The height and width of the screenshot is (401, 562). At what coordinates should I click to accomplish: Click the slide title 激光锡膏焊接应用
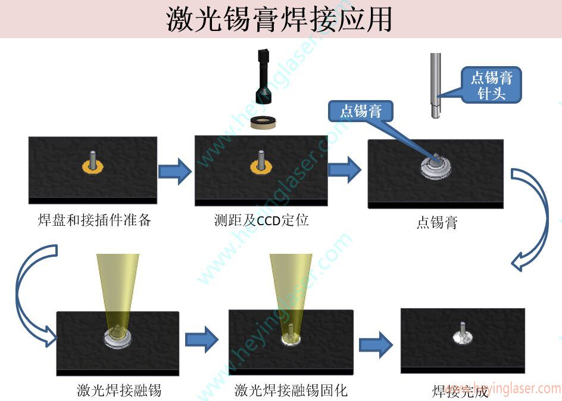[280, 19]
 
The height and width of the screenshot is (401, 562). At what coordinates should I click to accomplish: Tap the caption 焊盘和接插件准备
[95, 220]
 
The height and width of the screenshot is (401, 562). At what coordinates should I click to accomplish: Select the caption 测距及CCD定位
[261, 220]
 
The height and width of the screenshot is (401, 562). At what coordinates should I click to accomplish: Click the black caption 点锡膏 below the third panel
[437, 223]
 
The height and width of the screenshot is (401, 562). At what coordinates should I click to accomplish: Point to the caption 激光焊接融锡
[119, 390]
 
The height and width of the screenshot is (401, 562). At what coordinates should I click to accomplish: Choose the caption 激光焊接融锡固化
[291, 390]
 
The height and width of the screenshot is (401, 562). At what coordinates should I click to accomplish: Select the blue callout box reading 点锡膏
[361, 111]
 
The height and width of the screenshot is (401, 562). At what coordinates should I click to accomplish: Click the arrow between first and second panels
[175, 172]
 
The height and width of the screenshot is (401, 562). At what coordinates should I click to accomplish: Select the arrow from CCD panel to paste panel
[345, 170]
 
